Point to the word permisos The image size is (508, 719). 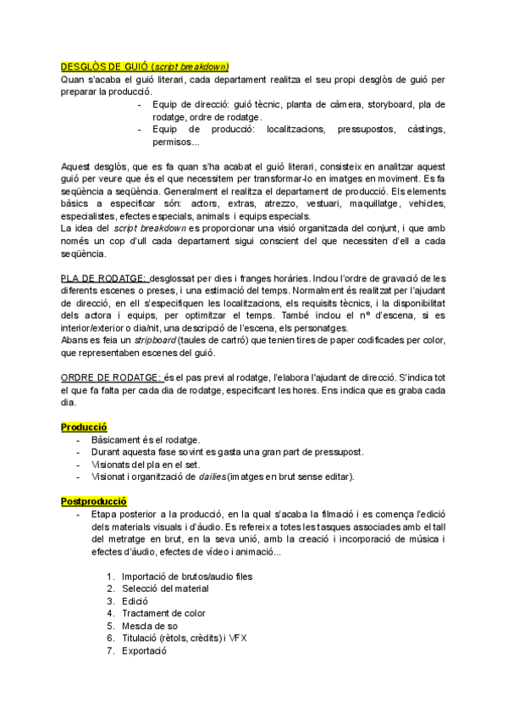pyautogui.click(x=175, y=142)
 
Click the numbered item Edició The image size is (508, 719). pyautogui.click(x=136, y=601)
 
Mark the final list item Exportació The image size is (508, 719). pyautogui.click(x=145, y=650)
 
